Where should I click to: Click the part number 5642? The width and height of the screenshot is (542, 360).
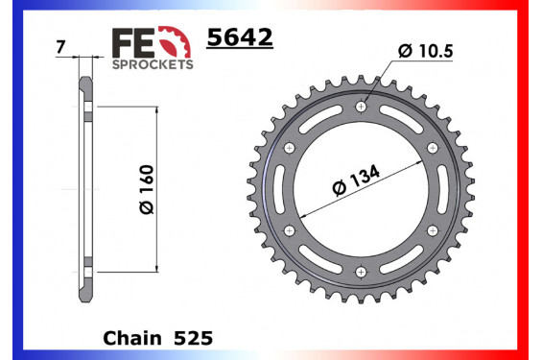pyautogui.click(x=240, y=38)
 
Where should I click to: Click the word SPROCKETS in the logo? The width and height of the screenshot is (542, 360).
pyautogui.click(x=153, y=64)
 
